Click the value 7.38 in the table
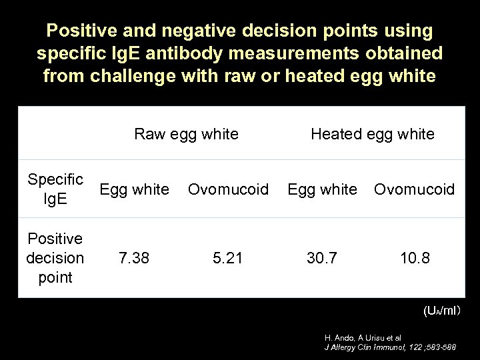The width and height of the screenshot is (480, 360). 134,257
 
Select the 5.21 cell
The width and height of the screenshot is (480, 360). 227,257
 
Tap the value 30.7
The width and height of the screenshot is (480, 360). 322,257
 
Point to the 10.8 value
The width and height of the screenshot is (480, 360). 414,257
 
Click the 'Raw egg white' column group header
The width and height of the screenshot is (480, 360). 186,134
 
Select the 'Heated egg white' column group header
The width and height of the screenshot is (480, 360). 372,134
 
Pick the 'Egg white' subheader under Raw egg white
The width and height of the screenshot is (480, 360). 134,189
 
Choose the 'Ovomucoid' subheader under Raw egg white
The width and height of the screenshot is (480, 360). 229,189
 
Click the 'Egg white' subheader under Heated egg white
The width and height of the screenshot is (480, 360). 322,189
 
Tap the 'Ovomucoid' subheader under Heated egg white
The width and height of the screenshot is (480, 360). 414,189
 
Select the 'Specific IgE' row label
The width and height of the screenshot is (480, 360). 55,189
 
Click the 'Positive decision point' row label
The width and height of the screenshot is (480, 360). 55,257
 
